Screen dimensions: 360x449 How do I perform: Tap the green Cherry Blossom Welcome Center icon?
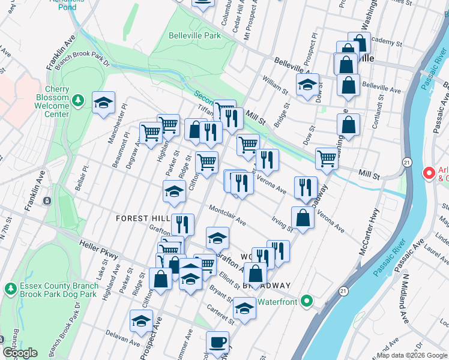click(x=77, y=99)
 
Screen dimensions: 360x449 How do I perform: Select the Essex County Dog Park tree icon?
click(x=10, y=289)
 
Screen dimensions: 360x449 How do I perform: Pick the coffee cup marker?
click(x=217, y=342)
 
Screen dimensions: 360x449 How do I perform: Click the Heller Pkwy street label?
click(x=98, y=250)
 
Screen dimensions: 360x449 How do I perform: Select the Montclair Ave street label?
click(x=228, y=216)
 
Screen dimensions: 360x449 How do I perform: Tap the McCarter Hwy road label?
click(x=369, y=232)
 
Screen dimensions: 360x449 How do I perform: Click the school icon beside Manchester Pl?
click(x=103, y=103)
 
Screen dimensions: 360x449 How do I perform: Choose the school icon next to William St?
click(x=307, y=85)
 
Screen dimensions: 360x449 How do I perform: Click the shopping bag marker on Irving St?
click(x=303, y=218)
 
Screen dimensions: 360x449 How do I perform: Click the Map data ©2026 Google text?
click(x=411, y=355)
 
